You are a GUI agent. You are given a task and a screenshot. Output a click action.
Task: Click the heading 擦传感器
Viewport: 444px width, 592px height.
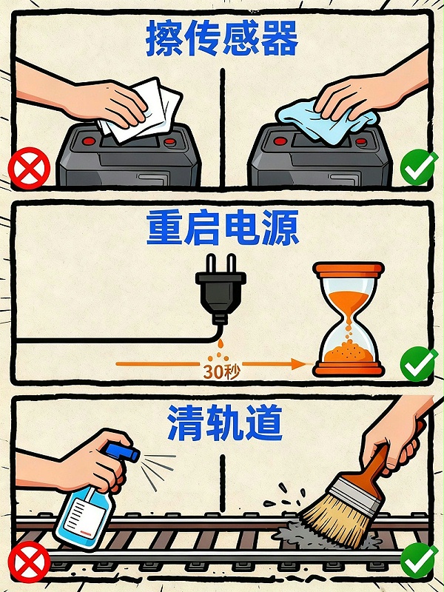pos(222,38)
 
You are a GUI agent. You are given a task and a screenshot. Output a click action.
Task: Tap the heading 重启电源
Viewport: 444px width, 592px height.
pos(222,228)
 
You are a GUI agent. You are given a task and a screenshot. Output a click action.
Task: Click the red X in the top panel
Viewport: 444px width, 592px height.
pos(29,169)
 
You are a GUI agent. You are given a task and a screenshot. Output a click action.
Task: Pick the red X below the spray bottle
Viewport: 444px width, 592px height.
pos(29,562)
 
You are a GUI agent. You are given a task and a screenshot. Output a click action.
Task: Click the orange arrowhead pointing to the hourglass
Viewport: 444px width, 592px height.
pos(299,363)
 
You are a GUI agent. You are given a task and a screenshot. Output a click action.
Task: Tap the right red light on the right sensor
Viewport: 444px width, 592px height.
pos(359,141)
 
